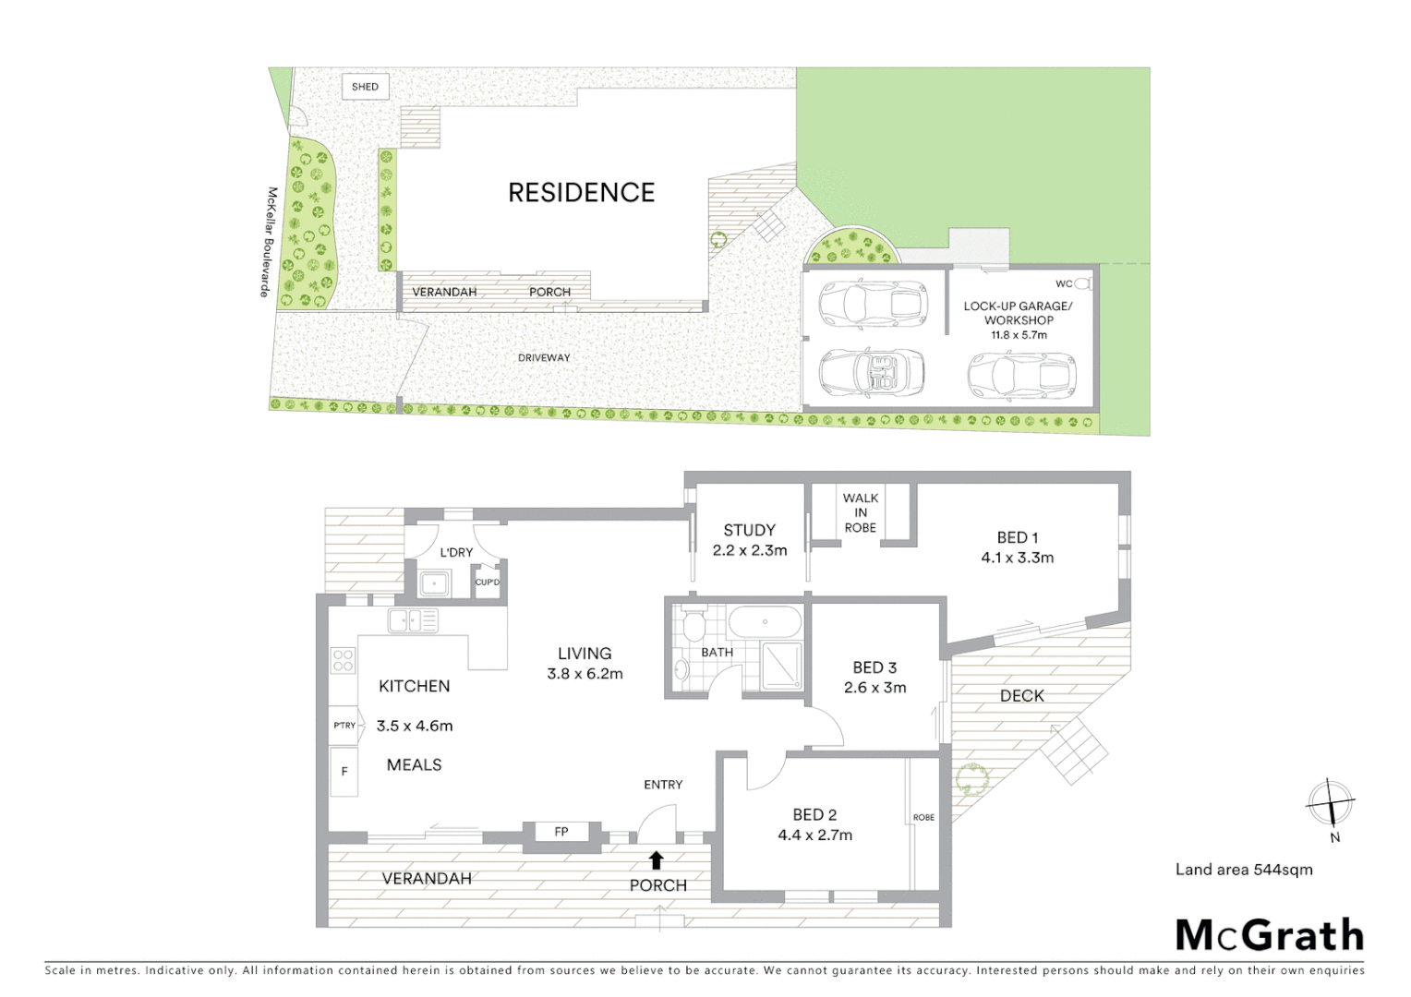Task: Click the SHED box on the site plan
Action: [x=365, y=87]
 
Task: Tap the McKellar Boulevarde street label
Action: [x=268, y=242]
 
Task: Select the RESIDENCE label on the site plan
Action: [x=581, y=192]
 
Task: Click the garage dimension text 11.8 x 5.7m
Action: [x=1019, y=335]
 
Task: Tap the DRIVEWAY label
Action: [x=543, y=357]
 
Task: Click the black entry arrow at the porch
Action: [x=656, y=860]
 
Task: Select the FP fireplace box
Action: [x=561, y=832]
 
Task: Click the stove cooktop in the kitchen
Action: [x=343, y=660]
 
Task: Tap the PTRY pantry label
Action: [x=344, y=726]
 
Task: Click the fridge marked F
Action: [x=344, y=771]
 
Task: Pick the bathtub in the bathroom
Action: [x=765, y=622]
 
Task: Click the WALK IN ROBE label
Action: [x=860, y=512]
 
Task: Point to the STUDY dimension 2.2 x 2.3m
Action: [x=749, y=550]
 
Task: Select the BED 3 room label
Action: [x=874, y=667]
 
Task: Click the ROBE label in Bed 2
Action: [x=923, y=817]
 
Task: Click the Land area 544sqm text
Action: [x=1243, y=869]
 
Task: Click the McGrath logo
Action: [x=1269, y=935]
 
